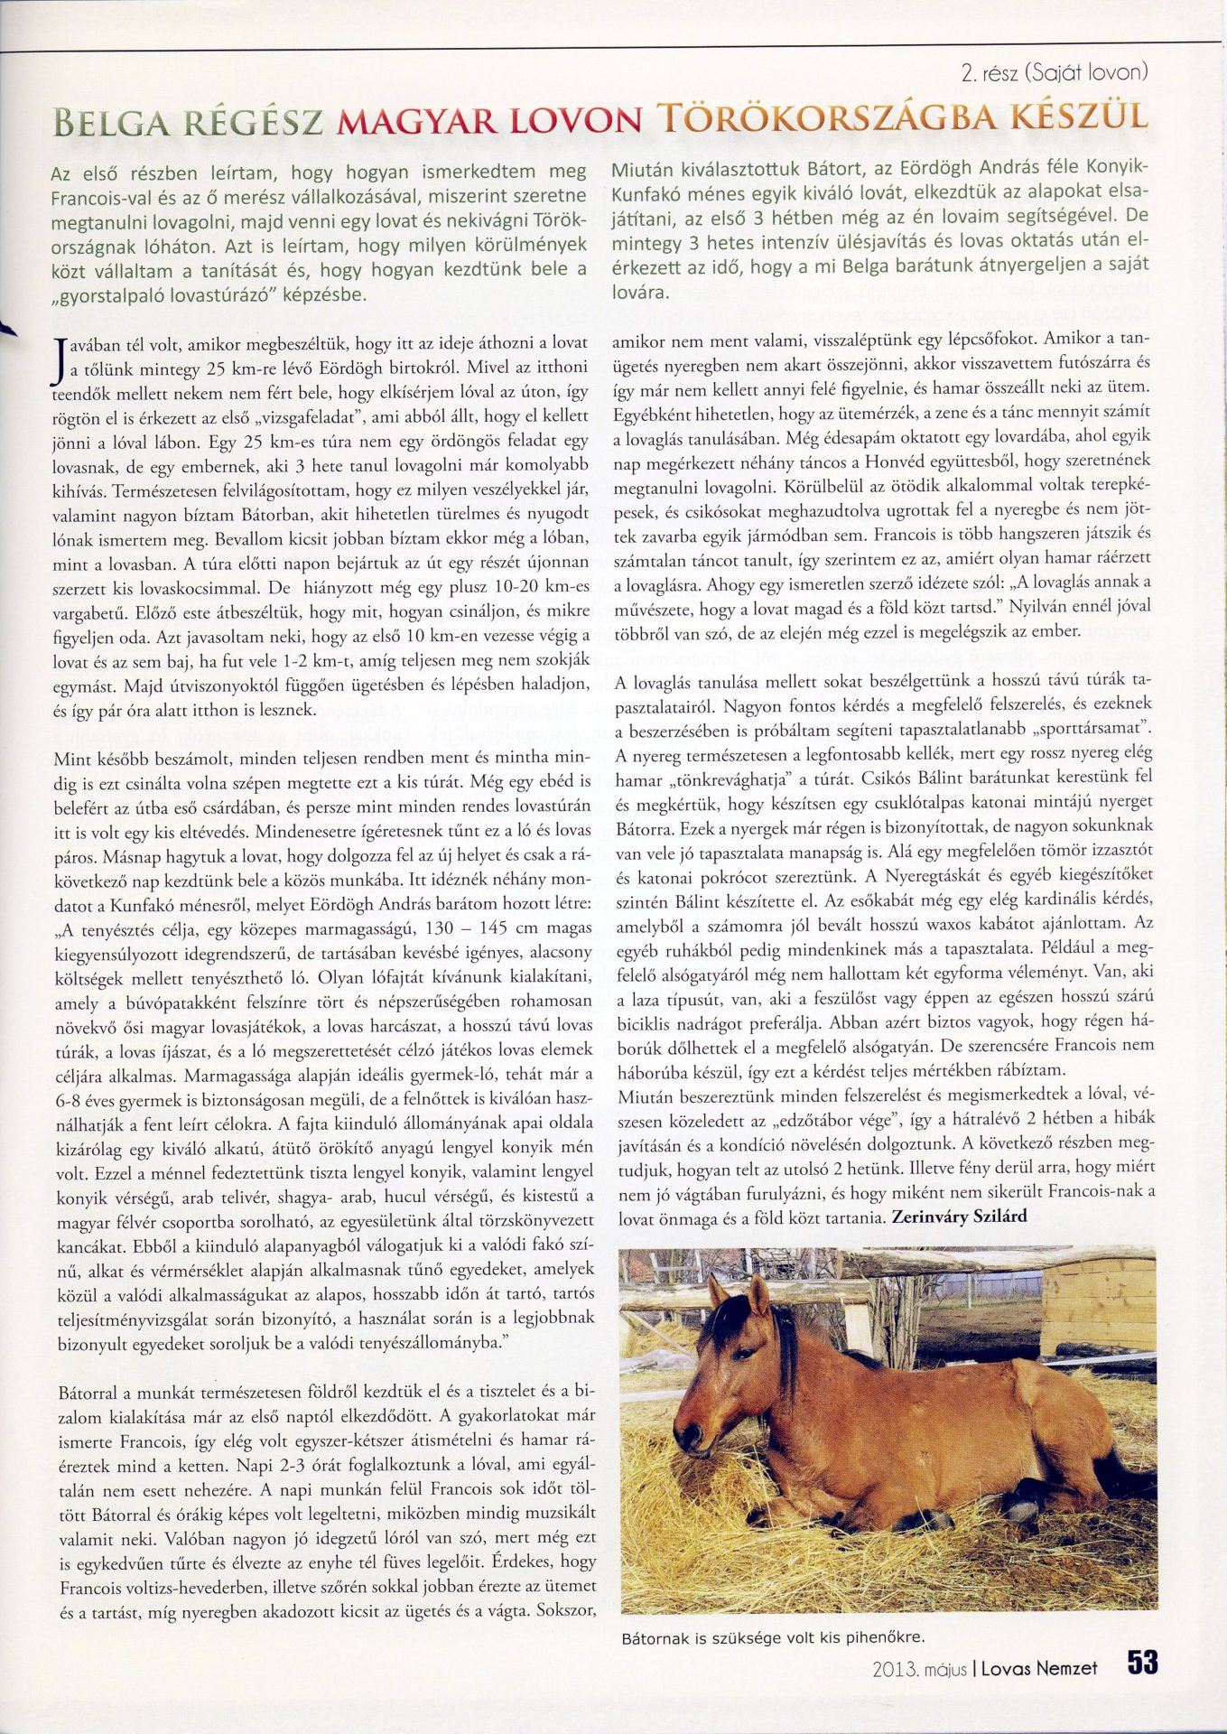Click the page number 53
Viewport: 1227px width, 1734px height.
click(x=1142, y=1663)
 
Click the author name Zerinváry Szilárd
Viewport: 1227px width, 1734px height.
click(x=959, y=1217)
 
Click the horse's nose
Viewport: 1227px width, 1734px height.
click(x=688, y=1438)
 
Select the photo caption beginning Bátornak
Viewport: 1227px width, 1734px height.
click(x=774, y=1636)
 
